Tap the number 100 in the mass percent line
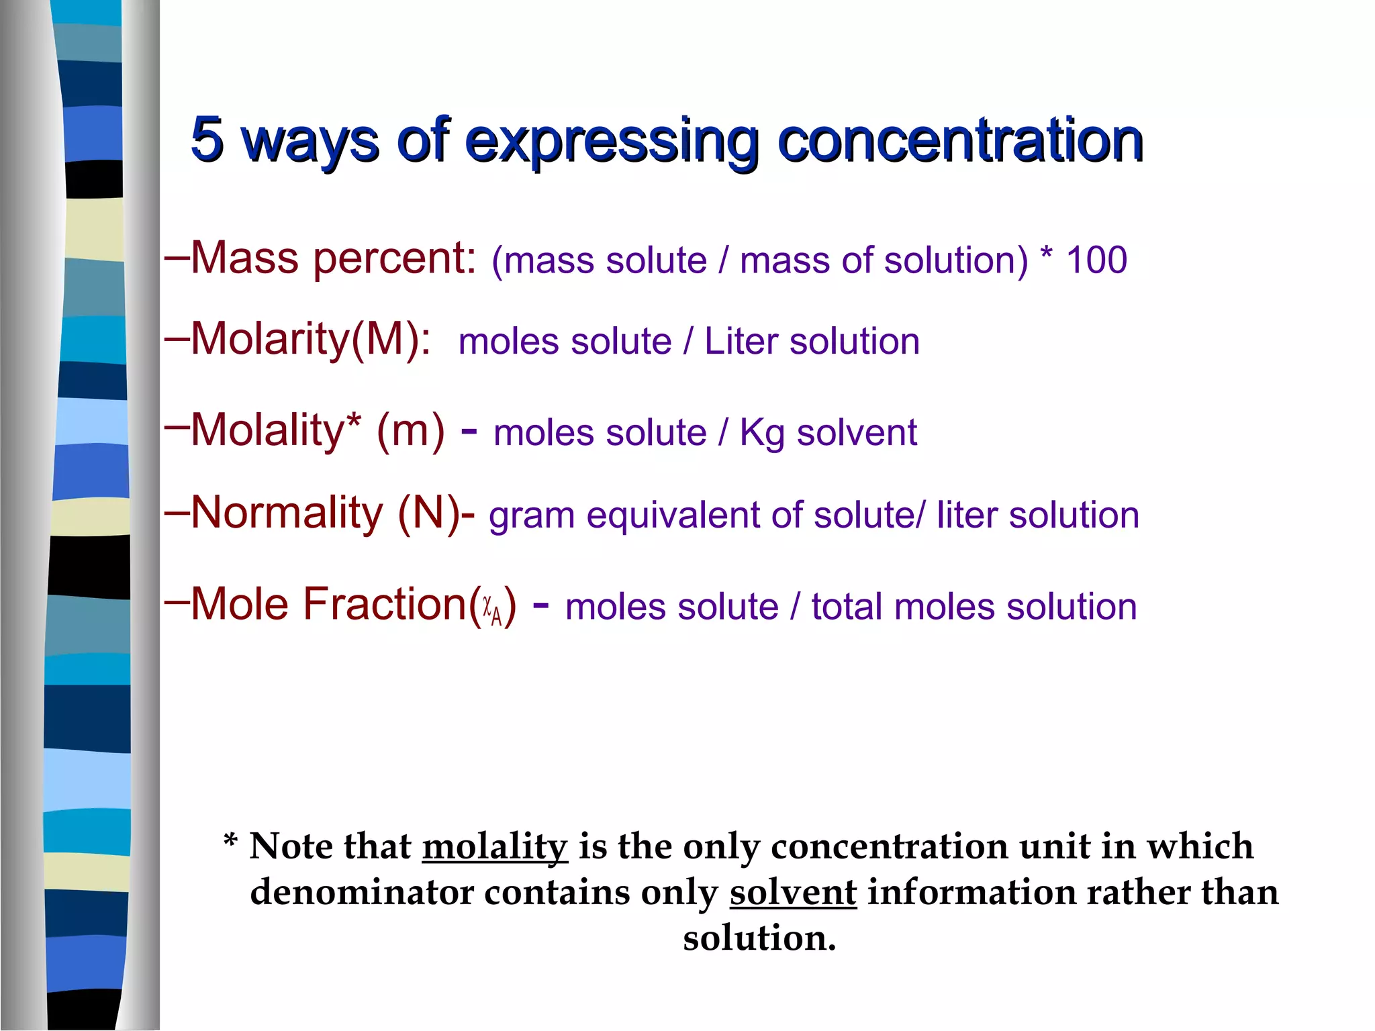[x=1096, y=260]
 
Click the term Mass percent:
[x=334, y=258]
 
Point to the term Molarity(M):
[x=311, y=339]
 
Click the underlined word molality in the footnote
[x=495, y=847]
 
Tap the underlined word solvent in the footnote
[x=793, y=893]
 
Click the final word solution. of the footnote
[x=759, y=938]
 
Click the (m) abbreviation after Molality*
[x=410, y=431]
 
